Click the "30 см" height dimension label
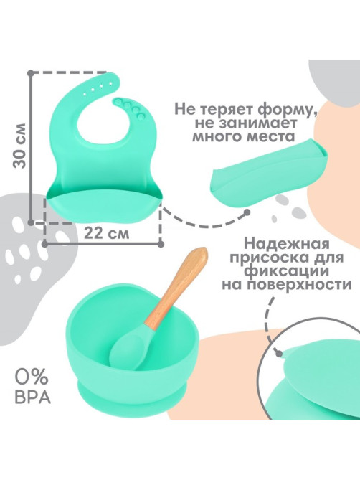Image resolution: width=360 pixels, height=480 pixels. point(19,146)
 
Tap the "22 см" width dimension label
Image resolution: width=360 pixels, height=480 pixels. point(106,234)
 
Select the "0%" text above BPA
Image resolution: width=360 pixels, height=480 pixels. point(32,377)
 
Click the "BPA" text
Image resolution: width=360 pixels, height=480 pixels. point(33,397)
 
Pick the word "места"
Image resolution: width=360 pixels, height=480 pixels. point(270,136)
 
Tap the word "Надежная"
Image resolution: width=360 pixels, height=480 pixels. point(287,245)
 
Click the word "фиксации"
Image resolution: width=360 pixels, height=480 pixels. point(287,271)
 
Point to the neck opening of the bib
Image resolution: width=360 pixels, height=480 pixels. point(103,122)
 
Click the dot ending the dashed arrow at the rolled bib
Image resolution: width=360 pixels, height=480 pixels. point(247,212)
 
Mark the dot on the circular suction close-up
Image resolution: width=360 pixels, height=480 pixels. point(279,354)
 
